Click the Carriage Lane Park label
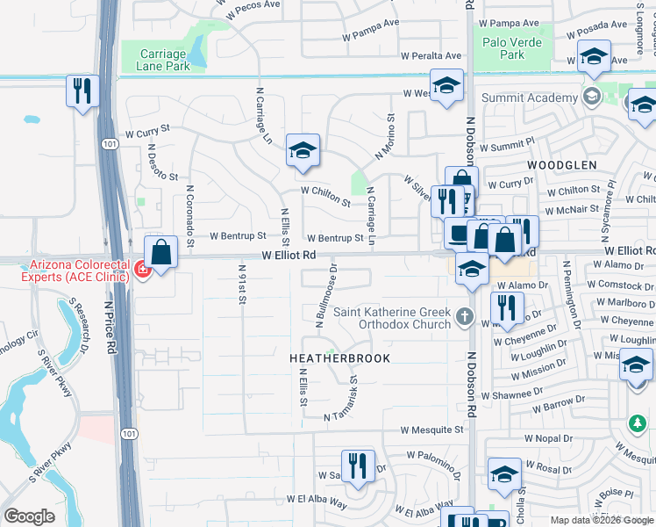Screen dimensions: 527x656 click(165, 60)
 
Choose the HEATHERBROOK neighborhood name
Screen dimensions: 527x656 click(339, 358)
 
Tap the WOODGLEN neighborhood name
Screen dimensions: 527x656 click(561, 164)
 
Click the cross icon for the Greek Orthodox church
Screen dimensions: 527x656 click(465, 315)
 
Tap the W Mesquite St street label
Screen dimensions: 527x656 click(431, 430)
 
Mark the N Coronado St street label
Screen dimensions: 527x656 click(188, 211)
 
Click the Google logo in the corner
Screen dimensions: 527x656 click(29, 516)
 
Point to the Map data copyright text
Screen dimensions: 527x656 click(602, 520)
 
